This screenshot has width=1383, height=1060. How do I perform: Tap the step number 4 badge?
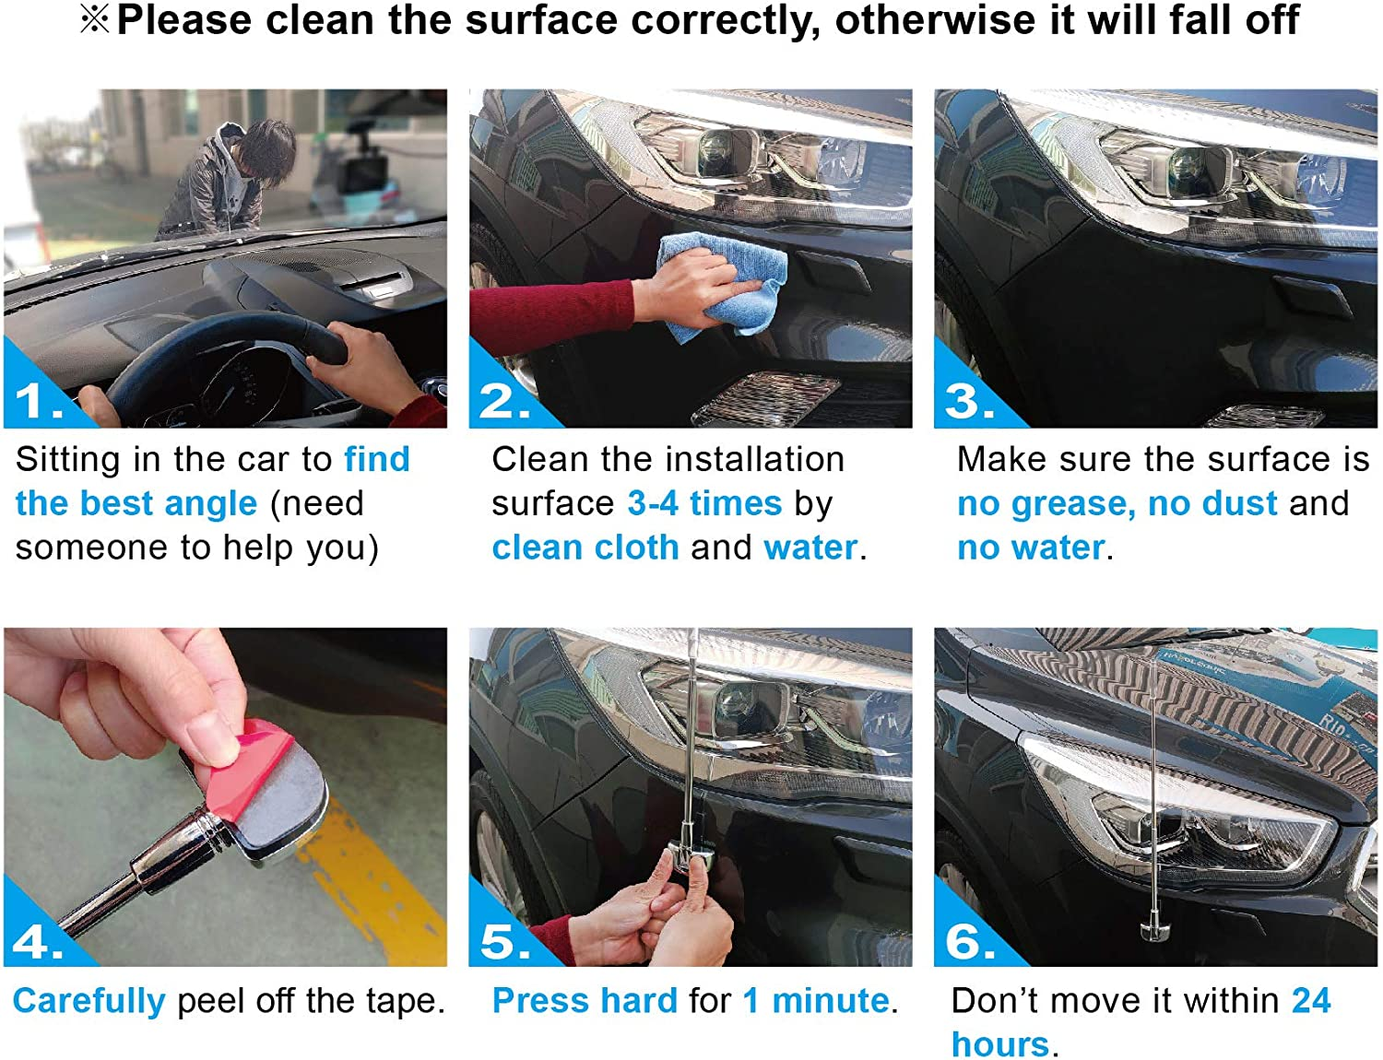coord(37,940)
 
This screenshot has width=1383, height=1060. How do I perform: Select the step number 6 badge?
coord(968,940)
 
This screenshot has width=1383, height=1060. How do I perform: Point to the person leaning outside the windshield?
coord(221,180)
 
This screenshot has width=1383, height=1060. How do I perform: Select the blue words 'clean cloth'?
coord(585,548)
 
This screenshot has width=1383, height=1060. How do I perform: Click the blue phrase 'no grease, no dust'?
coord(1117,504)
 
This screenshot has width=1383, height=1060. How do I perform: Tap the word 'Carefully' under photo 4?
coord(89,1001)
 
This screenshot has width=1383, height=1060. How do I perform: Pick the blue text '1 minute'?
coord(816,1001)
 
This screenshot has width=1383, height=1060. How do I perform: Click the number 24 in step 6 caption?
coord(1311,1001)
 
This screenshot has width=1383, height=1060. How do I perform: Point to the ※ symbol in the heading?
coord(94,20)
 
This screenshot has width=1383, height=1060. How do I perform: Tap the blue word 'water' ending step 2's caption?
coord(810,548)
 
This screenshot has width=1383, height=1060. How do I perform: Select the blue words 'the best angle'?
coord(136,504)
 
